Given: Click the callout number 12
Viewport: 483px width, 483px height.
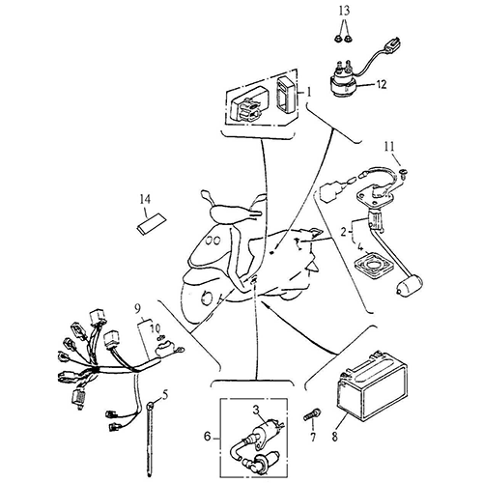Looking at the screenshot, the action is [x=382, y=85].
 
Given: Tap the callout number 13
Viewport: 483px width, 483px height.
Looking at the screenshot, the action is [x=344, y=11].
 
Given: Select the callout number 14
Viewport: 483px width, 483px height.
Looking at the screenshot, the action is [x=145, y=199].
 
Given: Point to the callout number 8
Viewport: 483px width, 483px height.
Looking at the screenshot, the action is [x=335, y=437].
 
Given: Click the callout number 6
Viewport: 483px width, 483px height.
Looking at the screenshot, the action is [x=207, y=437].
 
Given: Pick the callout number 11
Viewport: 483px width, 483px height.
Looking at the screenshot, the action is [x=389, y=147].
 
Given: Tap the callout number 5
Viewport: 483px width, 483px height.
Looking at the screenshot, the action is [x=165, y=395].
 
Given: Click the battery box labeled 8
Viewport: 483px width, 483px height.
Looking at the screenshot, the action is [x=372, y=386].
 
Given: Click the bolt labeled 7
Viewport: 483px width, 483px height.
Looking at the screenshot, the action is [x=312, y=414].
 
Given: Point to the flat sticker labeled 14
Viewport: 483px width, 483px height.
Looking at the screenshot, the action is [x=151, y=222].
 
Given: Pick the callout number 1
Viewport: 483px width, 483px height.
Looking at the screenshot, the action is [x=309, y=93].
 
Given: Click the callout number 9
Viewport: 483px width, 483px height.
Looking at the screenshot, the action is [x=137, y=310].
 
